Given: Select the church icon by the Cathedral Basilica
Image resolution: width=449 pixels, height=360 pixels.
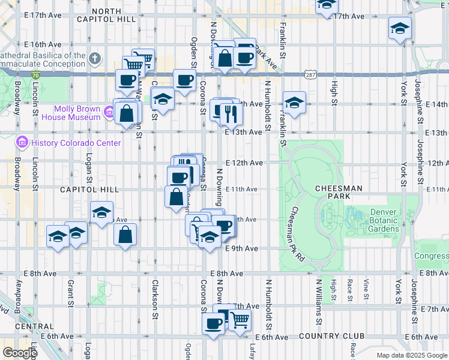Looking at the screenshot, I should pos(95,59).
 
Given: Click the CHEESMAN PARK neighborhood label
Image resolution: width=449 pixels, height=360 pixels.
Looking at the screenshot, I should pos(338,192).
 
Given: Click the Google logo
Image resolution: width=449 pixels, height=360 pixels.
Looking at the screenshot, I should pos(20,353).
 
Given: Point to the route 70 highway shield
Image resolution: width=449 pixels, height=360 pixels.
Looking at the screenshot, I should pos(35,75).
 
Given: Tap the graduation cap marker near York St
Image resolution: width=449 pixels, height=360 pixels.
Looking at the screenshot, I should pos(400,28).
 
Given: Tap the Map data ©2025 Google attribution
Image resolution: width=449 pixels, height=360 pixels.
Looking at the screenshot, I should pos(411,355).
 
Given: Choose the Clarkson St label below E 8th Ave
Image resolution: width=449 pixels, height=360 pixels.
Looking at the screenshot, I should pos(155,298).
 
